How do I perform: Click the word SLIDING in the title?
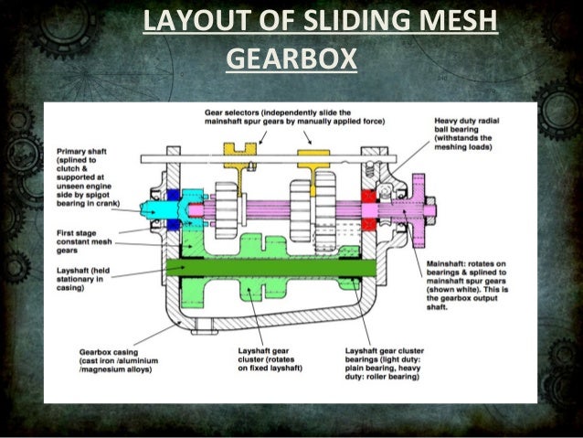[x=355, y=21]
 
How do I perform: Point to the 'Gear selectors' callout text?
[x=293, y=116]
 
